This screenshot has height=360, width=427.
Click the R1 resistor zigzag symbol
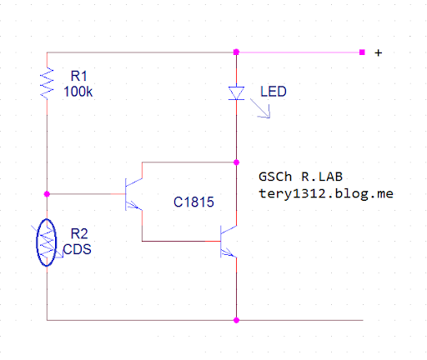47,83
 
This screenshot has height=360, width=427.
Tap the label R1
79,76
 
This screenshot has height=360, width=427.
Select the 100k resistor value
78,92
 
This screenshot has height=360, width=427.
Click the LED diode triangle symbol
236,93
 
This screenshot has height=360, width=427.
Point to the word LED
274,92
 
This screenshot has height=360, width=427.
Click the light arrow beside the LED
260,108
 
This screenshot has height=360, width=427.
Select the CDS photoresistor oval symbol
47,242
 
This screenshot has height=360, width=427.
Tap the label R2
79,233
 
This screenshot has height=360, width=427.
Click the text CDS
78,249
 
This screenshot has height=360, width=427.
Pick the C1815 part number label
193,202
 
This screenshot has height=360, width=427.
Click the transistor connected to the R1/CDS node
133,194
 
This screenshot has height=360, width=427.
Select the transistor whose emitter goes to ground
229,242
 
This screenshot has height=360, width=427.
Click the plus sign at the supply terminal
379,52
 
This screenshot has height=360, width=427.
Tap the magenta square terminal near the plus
362,52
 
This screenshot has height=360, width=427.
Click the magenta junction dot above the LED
236,52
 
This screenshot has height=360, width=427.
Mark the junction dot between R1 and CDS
47,194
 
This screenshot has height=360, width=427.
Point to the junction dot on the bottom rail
236,320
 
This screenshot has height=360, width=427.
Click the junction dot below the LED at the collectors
236,162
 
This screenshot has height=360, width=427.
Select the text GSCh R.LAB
300,177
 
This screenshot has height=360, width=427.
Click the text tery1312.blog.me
326,193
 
